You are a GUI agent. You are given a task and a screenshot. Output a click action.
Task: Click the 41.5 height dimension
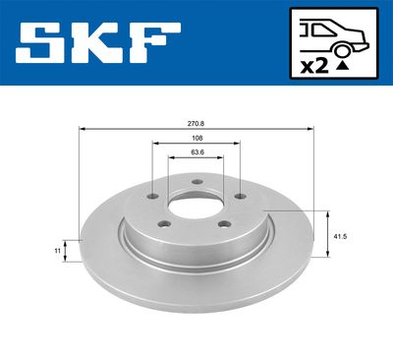pyautogui.click(x=340, y=237)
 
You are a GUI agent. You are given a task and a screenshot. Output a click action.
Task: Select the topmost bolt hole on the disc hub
pyautogui.click(x=196, y=181)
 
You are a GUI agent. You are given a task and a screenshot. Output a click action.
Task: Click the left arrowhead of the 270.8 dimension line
pyautogui.click(x=83, y=129)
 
